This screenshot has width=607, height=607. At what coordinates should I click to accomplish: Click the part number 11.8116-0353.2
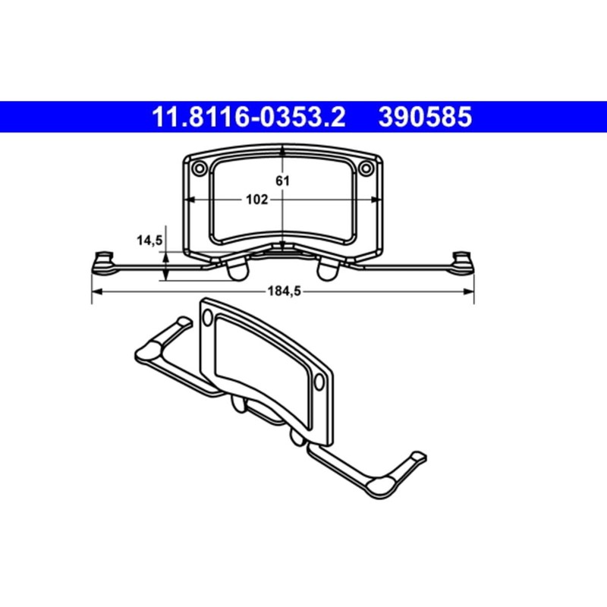click(x=250, y=118)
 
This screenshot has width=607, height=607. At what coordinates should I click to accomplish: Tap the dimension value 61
click(x=282, y=181)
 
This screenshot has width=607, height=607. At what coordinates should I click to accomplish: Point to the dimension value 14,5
click(x=149, y=241)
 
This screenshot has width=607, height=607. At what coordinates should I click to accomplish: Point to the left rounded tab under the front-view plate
click(x=237, y=269)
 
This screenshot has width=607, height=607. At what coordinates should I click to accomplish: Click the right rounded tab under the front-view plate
click(x=329, y=269)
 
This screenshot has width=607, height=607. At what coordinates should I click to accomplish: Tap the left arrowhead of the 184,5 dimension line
click(x=95, y=291)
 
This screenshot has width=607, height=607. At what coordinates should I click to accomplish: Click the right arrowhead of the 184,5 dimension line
click(x=470, y=291)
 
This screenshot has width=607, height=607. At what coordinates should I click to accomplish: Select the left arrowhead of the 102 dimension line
click(x=190, y=200)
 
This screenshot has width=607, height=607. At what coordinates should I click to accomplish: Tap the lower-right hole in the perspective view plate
click(x=319, y=379)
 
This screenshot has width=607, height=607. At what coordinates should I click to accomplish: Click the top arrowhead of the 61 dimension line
click(x=282, y=152)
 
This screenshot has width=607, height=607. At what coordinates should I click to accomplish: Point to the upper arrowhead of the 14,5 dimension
click(x=166, y=252)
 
